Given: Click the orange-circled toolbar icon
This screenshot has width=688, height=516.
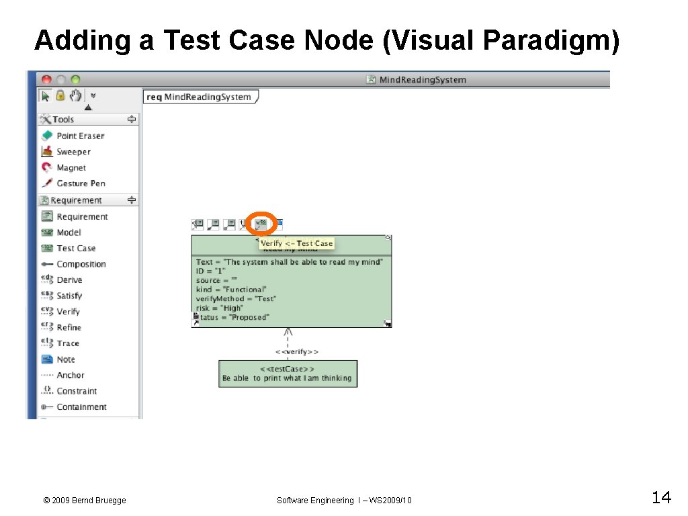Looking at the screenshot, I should pyautogui.click(x=261, y=224).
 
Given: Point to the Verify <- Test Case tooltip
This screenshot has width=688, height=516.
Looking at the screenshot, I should pyautogui.click(x=296, y=243).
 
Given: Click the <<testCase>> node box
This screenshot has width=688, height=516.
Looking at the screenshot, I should pyautogui.click(x=287, y=374).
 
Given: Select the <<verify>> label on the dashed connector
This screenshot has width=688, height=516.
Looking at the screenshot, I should pyautogui.click(x=297, y=351).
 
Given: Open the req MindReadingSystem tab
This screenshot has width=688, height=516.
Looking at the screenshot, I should pyautogui.click(x=200, y=97).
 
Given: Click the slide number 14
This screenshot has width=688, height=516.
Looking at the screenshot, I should pyautogui.click(x=660, y=498).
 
